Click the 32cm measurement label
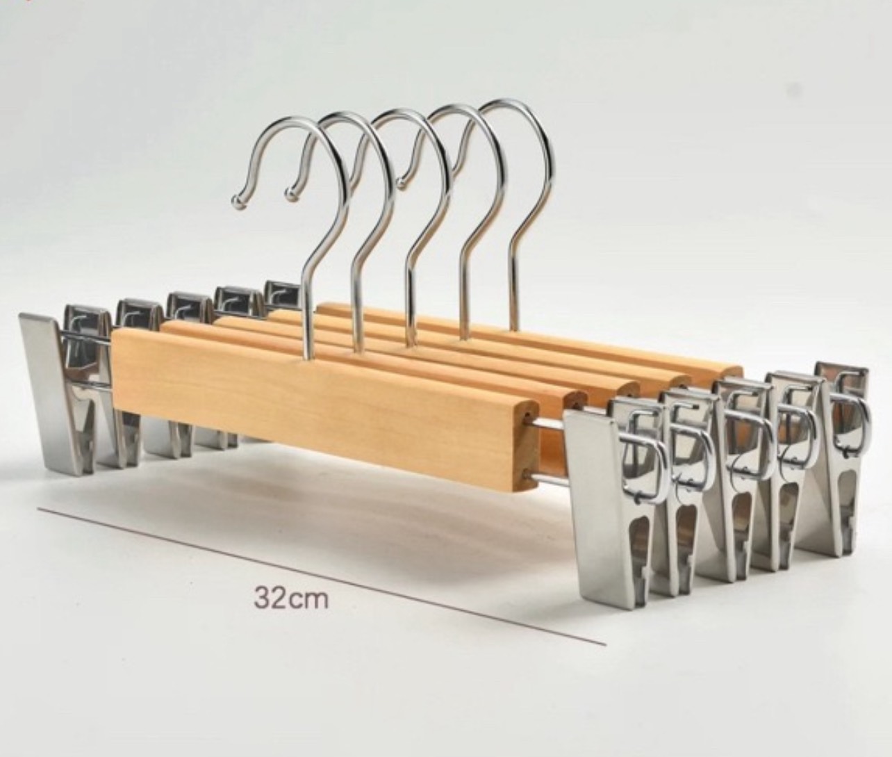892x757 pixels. coord(291,598)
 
